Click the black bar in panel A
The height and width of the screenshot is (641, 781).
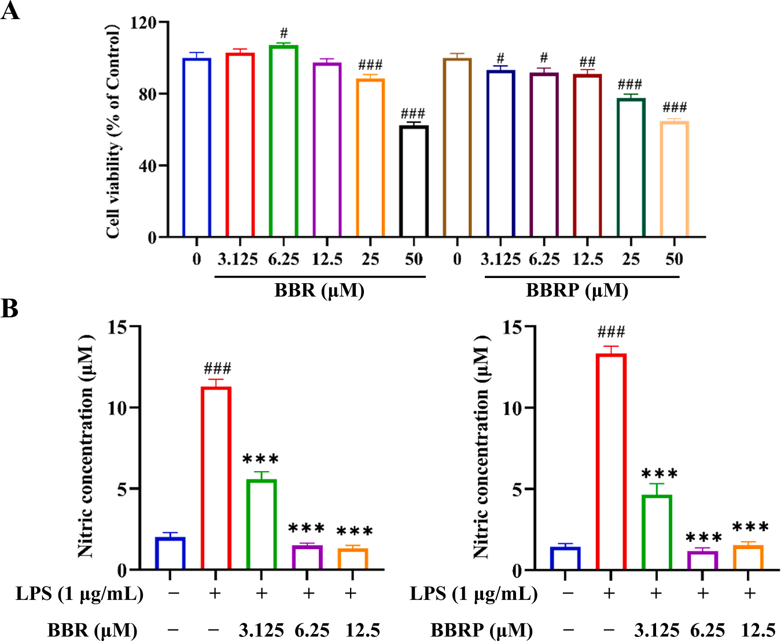[x=414, y=181]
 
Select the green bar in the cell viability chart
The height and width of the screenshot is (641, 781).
[x=283, y=141]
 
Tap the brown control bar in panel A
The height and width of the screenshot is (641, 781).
[x=457, y=148]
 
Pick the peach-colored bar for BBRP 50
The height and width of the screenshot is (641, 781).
[x=674, y=179]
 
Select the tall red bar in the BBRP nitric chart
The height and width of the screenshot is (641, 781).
[x=611, y=462]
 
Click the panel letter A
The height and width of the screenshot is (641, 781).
[x=10, y=12]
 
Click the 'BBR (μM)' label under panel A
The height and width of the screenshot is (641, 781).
[x=319, y=290]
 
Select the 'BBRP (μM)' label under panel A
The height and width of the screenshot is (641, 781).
[x=577, y=290]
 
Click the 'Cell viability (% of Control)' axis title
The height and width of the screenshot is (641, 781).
[x=113, y=132]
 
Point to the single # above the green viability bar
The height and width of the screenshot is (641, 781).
[x=283, y=33]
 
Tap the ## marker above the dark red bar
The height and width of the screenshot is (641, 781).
[x=587, y=62]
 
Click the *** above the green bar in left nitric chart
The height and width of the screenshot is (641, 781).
[x=260, y=460]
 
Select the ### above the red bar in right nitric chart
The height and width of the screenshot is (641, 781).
[x=611, y=332]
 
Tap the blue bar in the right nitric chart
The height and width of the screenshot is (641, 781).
[x=565, y=558]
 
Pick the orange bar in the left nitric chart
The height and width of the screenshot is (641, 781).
[x=352, y=558]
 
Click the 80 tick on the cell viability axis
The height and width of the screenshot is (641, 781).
[x=148, y=94]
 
